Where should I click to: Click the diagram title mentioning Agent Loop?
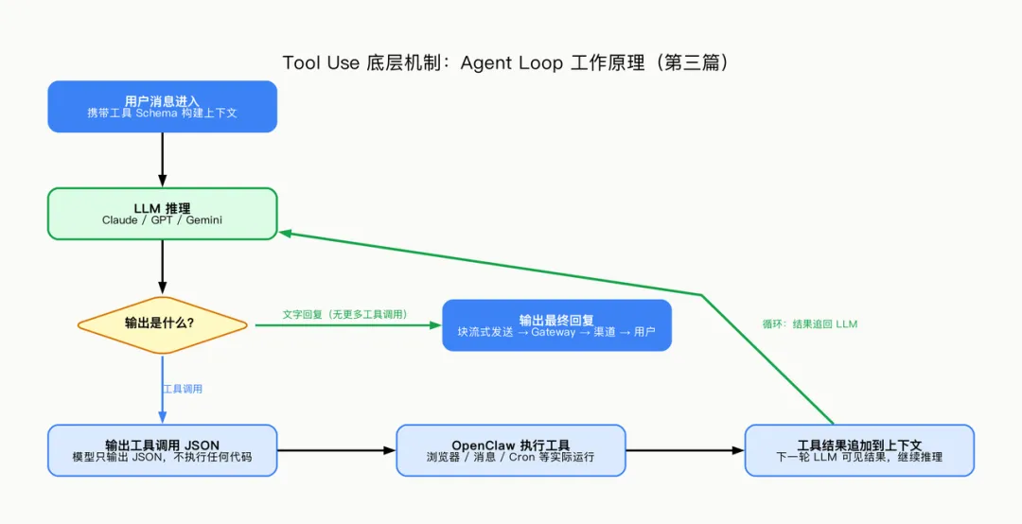511,63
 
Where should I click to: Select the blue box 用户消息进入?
162,106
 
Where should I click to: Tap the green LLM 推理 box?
162,214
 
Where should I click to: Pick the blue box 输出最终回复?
556,325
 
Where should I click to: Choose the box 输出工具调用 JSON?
162,450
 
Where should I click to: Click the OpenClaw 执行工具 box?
510,450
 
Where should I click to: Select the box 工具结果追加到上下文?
858,450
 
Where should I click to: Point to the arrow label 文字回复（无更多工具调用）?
344,313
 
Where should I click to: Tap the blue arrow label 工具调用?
183,389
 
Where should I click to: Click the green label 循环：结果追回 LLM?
809,323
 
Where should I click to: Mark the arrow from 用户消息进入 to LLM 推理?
162,159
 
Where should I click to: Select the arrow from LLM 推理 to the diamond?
162,267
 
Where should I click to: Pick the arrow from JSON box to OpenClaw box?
336,450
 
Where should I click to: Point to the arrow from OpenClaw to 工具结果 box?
685,450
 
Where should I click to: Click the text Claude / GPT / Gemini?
162,220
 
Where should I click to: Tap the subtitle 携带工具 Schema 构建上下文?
162,113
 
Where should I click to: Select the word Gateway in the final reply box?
553,332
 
